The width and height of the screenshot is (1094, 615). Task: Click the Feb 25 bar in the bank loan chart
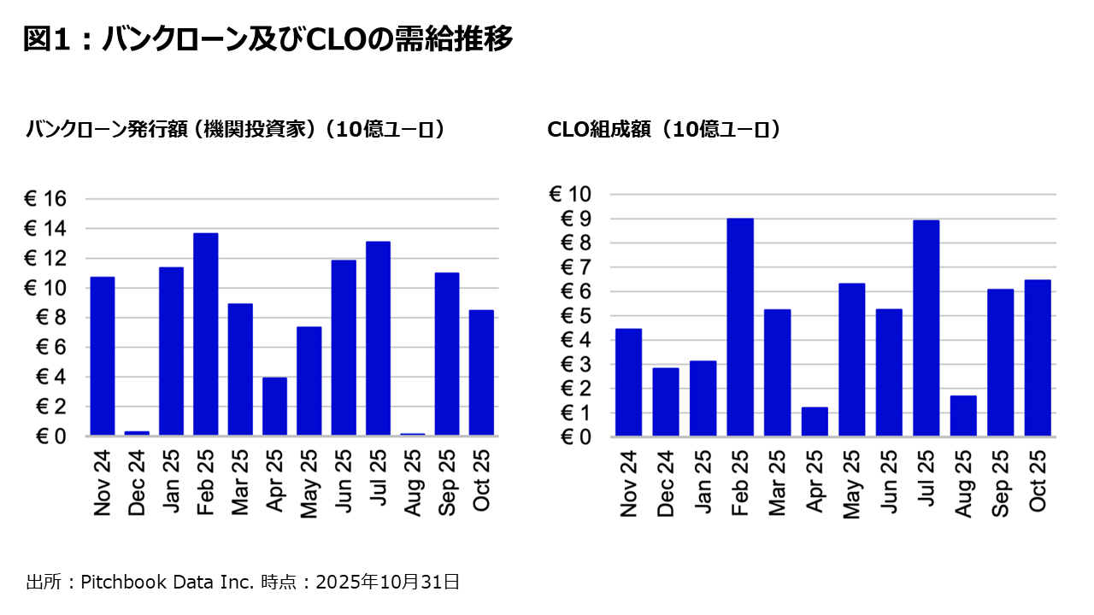[x=205, y=334]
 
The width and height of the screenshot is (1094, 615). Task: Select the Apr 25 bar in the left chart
[x=274, y=407]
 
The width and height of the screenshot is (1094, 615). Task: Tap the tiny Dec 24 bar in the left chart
[x=137, y=433]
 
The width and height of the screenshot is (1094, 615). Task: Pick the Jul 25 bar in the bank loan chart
[x=378, y=338]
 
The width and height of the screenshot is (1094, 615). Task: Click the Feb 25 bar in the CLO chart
[x=740, y=327]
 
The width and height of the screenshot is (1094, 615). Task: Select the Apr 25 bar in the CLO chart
[x=815, y=422]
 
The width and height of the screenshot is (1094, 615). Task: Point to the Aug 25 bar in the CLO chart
[x=963, y=416]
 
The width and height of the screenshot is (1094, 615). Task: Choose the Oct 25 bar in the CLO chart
[x=1038, y=358]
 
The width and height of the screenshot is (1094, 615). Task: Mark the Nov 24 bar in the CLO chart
[x=628, y=383]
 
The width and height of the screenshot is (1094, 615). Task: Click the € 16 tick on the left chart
[x=44, y=199]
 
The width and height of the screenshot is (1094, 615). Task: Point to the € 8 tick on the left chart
[x=50, y=318]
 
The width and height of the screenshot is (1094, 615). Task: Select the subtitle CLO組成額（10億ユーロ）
[x=664, y=130]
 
